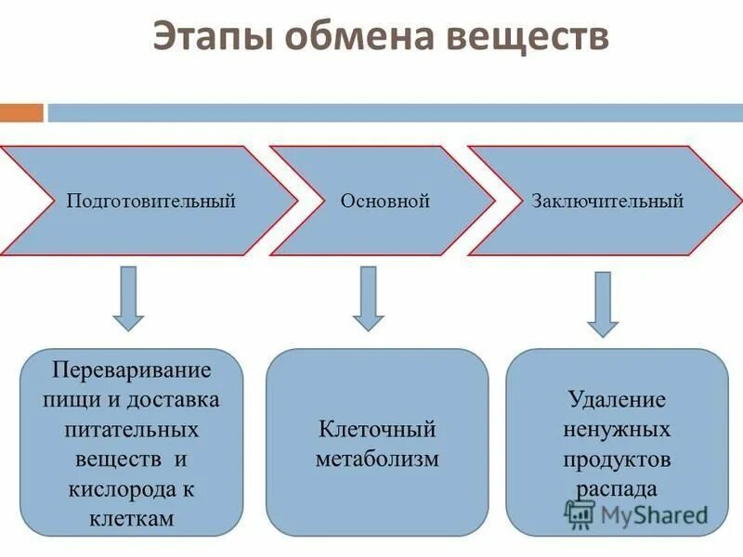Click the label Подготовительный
click(x=150, y=201)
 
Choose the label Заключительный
click(x=607, y=201)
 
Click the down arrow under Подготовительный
click(x=128, y=298)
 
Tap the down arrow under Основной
click(x=368, y=298)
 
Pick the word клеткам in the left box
click(x=132, y=518)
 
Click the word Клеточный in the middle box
click(x=376, y=430)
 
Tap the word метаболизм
click(x=376, y=459)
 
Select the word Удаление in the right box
click(x=617, y=400)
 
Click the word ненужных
click(x=617, y=430)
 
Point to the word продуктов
click(x=617, y=460)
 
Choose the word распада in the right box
click(x=617, y=489)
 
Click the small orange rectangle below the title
click(x=21, y=113)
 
